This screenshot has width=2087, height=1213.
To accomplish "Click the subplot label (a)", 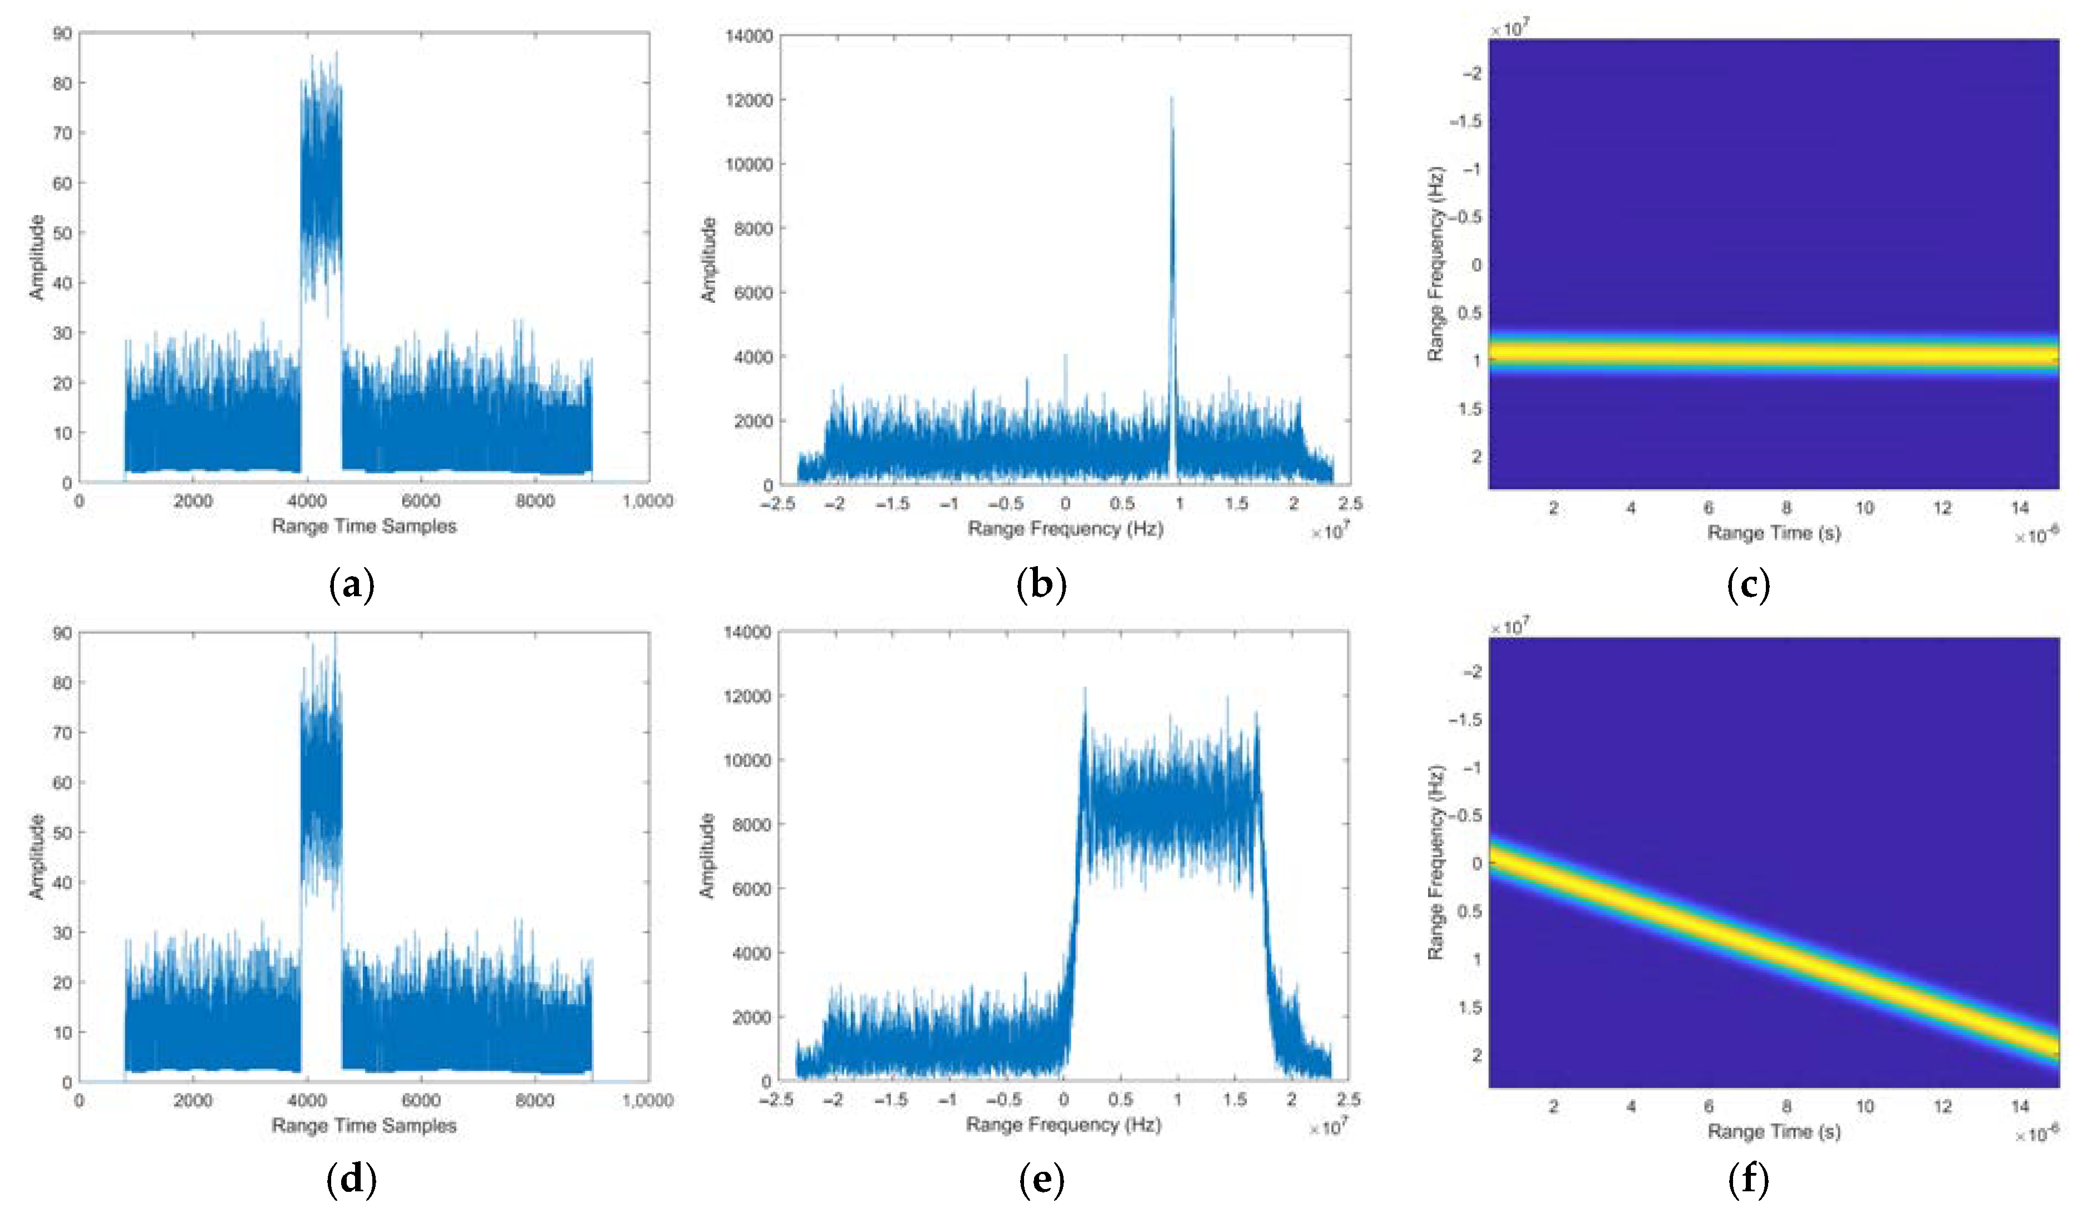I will pos(352,586).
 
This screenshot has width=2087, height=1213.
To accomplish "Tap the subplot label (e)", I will pos(1041,1179).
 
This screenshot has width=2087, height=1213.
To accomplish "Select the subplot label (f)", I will pos(1748,1179).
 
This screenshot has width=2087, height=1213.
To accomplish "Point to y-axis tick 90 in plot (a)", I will pos(62,33).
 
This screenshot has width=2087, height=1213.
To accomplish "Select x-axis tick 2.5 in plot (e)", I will pos(1348,1099).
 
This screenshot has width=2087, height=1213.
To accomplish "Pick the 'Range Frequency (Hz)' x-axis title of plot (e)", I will pos(1064,1124).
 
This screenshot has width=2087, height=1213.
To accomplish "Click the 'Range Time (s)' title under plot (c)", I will pos(1774,533).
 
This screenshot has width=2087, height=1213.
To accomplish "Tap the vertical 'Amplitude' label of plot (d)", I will pos(36,856).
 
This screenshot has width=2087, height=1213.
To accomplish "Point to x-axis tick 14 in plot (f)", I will pos(2019,1106).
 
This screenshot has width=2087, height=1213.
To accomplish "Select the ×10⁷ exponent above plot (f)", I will pos(1509,627).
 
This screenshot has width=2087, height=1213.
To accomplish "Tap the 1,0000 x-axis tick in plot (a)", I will pos(648,501).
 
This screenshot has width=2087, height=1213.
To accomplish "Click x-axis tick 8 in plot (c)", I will pos(1786,508).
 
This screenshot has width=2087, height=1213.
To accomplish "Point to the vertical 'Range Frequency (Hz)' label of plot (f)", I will pos(1435,862).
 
